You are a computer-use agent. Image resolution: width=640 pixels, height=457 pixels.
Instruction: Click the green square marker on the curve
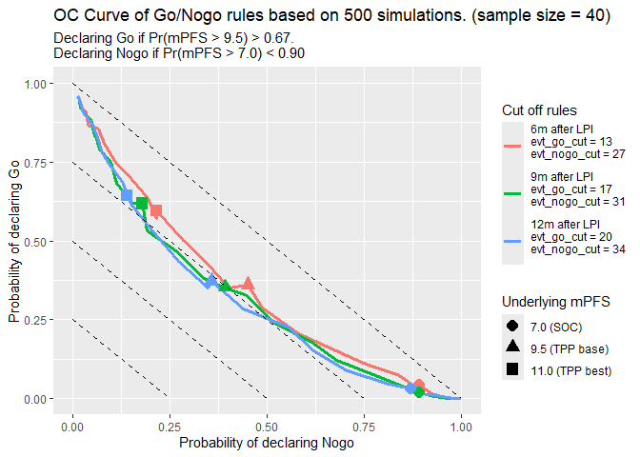142,203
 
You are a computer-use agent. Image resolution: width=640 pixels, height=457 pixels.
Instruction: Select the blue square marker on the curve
127,195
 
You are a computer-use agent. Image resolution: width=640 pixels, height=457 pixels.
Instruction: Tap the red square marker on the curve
156,210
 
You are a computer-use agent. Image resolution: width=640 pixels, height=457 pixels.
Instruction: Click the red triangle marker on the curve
249,284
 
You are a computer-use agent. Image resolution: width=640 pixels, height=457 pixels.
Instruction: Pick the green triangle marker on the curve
225,286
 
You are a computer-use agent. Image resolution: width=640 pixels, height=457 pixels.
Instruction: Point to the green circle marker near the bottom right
418,391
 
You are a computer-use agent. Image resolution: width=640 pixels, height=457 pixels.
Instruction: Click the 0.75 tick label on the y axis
34,163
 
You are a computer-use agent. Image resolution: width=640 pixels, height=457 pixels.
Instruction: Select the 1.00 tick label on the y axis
34,84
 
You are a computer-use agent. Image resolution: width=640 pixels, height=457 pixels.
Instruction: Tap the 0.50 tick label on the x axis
267,427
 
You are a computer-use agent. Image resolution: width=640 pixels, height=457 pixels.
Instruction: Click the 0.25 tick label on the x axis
170,427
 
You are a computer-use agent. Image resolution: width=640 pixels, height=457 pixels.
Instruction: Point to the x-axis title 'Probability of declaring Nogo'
267,443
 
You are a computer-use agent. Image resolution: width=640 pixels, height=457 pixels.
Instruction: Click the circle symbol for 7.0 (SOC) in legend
512,326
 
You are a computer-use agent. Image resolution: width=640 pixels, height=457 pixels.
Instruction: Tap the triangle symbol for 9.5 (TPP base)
512,348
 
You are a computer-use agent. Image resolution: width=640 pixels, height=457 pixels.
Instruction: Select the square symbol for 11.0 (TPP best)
512,370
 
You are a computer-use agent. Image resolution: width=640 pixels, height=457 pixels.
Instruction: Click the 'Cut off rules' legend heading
540,110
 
